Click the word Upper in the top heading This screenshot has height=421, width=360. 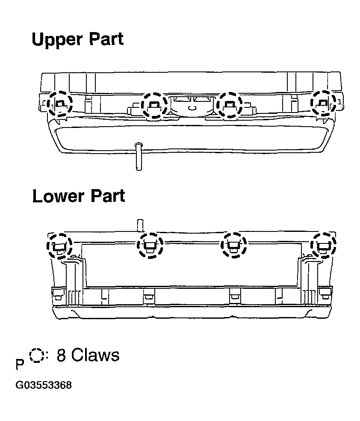coord(57,40)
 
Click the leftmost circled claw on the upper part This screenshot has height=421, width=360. coord(59,104)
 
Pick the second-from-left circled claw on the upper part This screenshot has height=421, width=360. coord(154,105)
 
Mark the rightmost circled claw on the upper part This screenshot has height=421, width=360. coord(323,103)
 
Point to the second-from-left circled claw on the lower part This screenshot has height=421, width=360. coord(150,246)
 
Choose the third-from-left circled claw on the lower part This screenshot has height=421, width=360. coord(233,245)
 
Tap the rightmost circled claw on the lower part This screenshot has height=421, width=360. coord(323,245)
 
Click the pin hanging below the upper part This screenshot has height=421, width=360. coord(139,157)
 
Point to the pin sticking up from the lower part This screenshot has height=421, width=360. coord(139,225)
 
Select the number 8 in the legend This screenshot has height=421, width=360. coord(61,355)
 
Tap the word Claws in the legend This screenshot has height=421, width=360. coord(95,355)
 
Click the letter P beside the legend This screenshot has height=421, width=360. coord(20,365)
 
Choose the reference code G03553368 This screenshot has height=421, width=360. coord(44,385)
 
